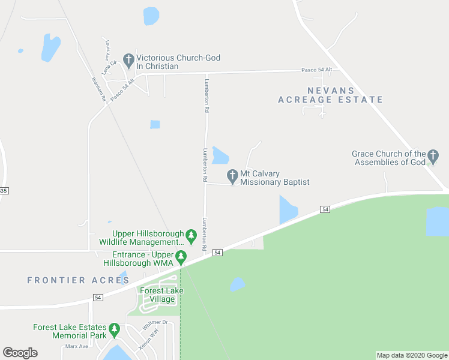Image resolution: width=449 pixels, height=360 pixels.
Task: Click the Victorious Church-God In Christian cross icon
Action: click(128, 60)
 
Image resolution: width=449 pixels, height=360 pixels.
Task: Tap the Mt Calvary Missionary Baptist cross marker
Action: click(232, 176)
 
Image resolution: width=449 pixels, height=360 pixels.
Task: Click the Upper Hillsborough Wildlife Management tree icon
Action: click(191, 236)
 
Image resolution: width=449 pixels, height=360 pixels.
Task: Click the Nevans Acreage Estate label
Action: click(330, 95)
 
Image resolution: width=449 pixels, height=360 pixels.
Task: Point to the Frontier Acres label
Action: click(70, 280)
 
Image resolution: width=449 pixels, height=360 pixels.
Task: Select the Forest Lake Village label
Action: click(161, 295)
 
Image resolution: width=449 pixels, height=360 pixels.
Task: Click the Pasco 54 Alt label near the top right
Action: click(317, 70)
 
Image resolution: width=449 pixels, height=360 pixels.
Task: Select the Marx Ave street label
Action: click(76, 346)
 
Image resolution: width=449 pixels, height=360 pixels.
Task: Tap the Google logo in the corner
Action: click(20, 353)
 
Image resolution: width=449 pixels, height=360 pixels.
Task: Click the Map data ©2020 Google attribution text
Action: click(412, 355)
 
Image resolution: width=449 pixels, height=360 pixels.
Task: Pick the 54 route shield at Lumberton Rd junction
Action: click(217, 253)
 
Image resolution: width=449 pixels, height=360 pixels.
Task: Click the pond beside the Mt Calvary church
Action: click(220, 155)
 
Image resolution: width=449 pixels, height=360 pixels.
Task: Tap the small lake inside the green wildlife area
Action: click(238, 284)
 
